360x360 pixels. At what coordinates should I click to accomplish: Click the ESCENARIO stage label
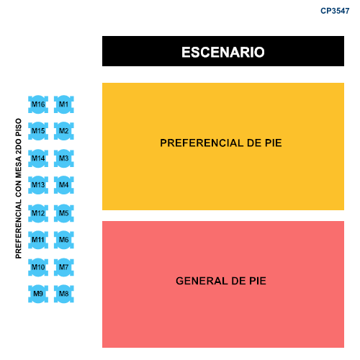click(x=223, y=52)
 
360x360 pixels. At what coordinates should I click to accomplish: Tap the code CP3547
click(x=335, y=11)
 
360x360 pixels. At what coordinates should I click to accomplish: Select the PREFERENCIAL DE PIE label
click(x=221, y=143)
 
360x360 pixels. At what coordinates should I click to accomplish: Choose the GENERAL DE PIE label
click(x=221, y=281)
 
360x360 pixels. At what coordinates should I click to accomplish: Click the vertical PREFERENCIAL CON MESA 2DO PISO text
click(x=19, y=189)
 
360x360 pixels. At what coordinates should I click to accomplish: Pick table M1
click(x=64, y=104)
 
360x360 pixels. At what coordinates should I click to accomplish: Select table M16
click(x=38, y=104)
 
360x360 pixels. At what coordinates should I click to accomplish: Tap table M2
click(x=64, y=131)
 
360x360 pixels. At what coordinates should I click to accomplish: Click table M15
click(x=38, y=131)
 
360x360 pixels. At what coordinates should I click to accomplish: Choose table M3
click(x=64, y=158)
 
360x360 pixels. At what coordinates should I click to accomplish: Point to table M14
click(x=38, y=158)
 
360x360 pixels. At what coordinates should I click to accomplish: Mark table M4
click(x=64, y=185)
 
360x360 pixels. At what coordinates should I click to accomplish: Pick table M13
click(x=38, y=185)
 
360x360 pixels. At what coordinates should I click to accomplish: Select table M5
click(x=64, y=213)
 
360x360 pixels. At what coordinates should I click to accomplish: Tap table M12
click(x=38, y=213)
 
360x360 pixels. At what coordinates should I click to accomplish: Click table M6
click(x=64, y=240)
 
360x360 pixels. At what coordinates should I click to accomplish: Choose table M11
click(x=38, y=240)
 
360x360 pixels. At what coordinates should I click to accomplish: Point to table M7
click(x=64, y=267)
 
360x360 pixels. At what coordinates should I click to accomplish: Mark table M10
click(x=38, y=267)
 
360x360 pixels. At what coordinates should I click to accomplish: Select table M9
click(x=38, y=294)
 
